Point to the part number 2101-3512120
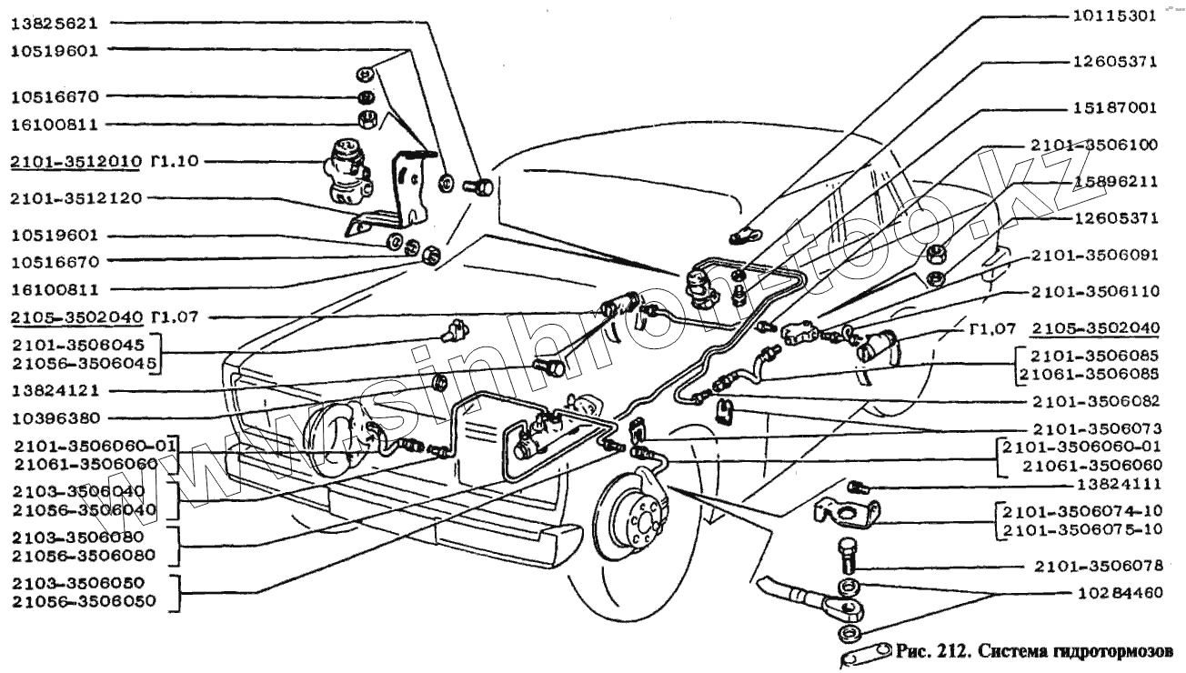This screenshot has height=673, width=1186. pos(75,197)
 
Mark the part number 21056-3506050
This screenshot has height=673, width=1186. pos(83,601)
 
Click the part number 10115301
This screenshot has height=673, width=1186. pos(1112,15)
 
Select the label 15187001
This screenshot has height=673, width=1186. pos(1112,107)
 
